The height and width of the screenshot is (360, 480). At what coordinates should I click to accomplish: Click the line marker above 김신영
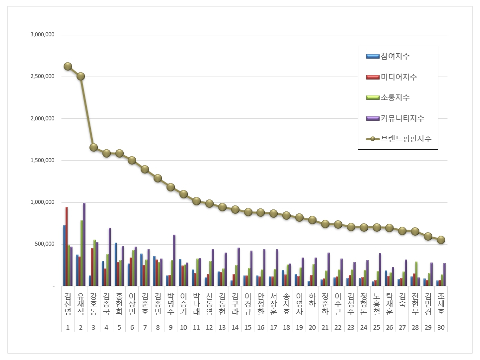click(68, 66)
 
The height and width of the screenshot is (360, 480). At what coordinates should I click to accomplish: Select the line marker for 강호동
click(93, 147)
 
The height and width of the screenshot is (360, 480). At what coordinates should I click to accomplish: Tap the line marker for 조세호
click(441, 240)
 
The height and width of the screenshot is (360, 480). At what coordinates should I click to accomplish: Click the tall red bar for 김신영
click(67, 246)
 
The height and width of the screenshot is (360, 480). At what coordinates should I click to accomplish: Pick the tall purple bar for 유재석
click(84, 244)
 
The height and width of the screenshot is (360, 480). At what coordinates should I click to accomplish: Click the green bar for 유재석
click(81, 253)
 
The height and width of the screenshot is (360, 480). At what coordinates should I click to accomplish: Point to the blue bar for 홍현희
click(116, 264)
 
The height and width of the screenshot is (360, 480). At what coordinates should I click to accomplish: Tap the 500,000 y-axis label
click(45, 244)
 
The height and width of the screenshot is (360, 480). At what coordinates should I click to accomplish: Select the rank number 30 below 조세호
click(441, 328)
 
